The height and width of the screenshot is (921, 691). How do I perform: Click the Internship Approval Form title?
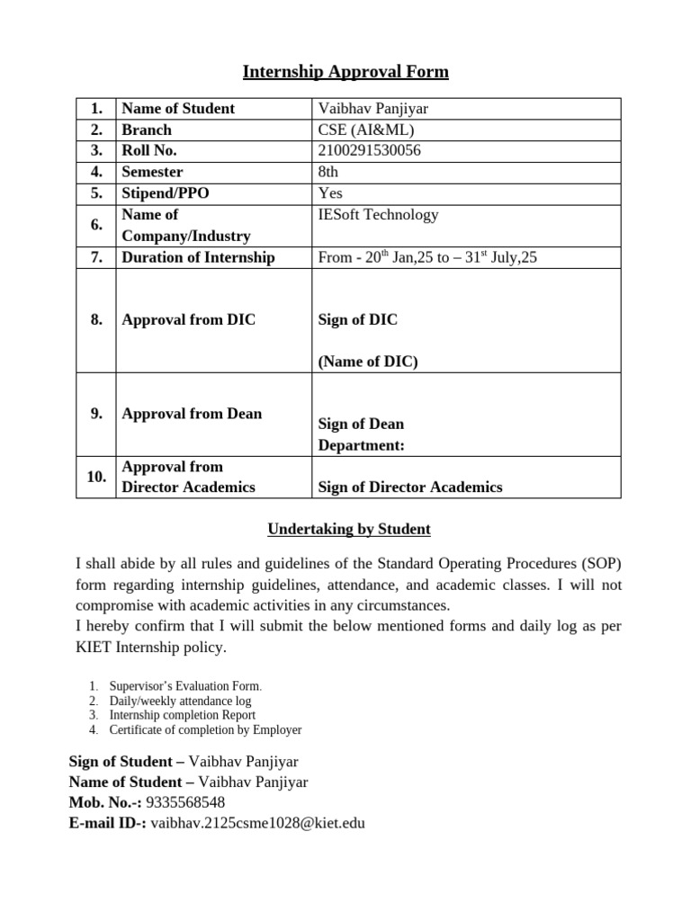coord(345,72)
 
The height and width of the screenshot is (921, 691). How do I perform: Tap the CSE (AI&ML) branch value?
coord(366,130)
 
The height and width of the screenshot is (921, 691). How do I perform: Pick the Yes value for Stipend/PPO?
coord(330,192)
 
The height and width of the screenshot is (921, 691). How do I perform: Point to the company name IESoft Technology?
coord(379,215)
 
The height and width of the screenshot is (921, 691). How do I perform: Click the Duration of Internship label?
coord(198,257)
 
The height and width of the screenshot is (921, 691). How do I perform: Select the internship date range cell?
coord(427,257)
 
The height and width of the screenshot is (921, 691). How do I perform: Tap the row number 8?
coord(96,320)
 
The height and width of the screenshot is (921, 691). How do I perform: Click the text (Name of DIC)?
coord(368,362)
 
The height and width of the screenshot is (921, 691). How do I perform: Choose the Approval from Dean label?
coord(192,414)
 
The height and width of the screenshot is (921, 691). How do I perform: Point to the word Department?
coord(361,445)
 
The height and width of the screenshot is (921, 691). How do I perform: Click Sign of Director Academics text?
coord(410,487)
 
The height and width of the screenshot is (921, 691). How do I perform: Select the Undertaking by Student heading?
coord(345,530)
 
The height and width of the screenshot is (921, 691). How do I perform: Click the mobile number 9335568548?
coord(185,802)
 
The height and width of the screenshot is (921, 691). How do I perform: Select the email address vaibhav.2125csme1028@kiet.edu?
coord(258,822)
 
